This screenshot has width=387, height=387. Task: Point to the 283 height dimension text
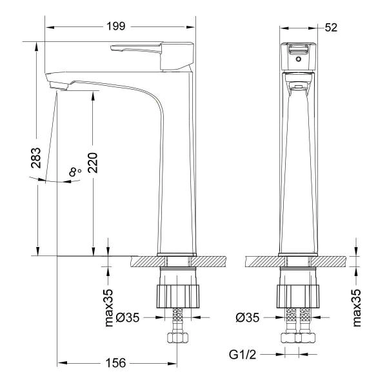[x=36, y=158]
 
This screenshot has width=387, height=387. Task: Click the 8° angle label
[x=75, y=172]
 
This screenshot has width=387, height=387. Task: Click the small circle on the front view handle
[x=298, y=58]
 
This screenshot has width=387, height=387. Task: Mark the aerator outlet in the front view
[x=298, y=86]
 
